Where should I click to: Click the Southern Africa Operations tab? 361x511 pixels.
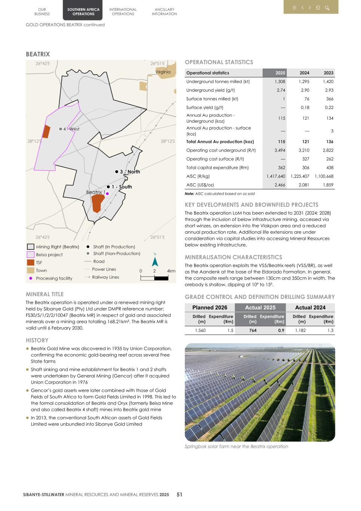coord(83,12)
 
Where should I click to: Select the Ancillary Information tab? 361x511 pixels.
coord(164,12)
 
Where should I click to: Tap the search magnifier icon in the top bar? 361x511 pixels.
coord(327,8)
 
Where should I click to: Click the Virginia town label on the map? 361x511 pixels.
coord(163,72)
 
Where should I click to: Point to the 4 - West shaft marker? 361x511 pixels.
coord(61,129)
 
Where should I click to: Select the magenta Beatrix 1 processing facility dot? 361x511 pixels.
coord(107,194)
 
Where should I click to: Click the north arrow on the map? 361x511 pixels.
coord(155,261)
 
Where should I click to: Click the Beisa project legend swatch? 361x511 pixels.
coord(31,255)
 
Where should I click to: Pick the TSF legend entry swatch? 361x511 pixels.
coord(31,262)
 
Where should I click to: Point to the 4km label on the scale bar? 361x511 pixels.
coord(171,271)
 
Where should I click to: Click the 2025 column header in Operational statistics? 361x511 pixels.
coord(280,73)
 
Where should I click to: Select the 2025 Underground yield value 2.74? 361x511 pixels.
coord(281,90)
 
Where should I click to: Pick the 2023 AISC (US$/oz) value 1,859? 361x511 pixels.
coord(328,185)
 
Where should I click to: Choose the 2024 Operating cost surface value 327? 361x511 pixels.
coord(305,159)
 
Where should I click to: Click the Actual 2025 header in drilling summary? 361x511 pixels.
coord(260,308)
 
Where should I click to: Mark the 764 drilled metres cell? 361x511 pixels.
coord(253,331)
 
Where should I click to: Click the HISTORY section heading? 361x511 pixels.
coord(37,340)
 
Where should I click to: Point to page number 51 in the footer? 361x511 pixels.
coord(180,495)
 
